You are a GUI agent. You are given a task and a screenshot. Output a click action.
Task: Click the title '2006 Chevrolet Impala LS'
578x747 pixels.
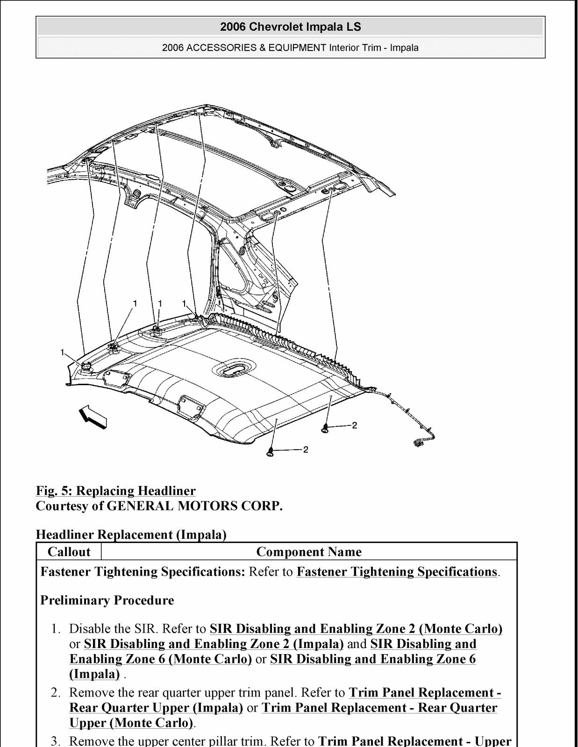(x=290, y=27)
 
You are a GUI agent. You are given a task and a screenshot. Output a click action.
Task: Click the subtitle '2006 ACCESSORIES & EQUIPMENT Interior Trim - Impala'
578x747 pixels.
(x=290, y=48)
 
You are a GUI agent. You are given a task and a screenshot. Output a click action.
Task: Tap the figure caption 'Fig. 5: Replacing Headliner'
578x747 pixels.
(x=116, y=491)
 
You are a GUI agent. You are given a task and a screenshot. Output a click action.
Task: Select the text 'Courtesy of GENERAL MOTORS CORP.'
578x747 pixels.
(x=159, y=506)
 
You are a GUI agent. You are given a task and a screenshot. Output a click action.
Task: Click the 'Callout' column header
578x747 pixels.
(x=69, y=552)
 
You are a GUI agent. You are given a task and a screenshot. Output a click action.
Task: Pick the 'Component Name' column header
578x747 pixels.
(x=309, y=552)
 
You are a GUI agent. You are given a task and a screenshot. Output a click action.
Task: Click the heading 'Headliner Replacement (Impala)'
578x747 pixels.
(x=131, y=535)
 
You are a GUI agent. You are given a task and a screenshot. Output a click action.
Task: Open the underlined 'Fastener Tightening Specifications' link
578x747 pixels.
(x=397, y=572)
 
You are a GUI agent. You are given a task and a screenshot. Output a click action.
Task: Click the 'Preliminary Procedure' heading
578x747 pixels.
(x=107, y=600)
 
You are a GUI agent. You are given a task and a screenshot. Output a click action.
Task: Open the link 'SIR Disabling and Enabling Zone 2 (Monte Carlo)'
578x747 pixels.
(x=356, y=629)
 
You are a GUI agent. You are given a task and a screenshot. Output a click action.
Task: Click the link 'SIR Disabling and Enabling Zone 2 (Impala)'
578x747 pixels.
(x=214, y=644)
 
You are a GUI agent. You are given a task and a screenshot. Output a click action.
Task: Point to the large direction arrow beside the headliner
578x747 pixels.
(x=93, y=416)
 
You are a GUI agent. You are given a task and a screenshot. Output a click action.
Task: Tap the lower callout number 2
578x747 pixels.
(x=306, y=450)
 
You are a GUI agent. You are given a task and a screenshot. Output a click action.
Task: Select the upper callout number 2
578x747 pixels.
(x=355, y=425)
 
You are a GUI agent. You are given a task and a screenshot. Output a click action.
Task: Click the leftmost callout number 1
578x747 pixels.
(x=62, y=352)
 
